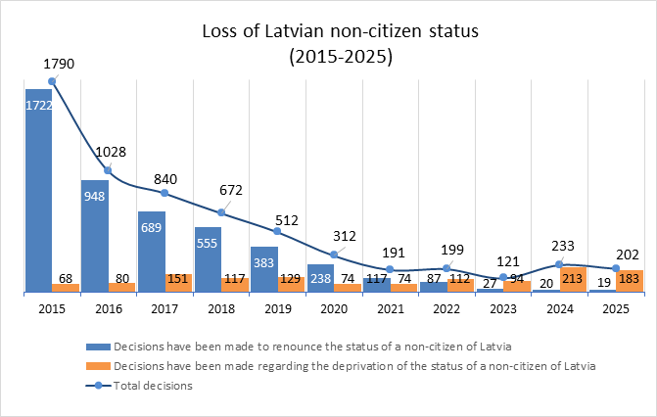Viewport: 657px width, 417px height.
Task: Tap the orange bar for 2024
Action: [574, 279]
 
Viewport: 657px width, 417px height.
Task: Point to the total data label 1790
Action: [59, 64]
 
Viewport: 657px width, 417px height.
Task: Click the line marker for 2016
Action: [108, 170]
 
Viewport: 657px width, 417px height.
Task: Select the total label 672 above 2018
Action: [230, 189]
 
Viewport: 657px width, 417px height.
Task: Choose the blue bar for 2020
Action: [321, 277]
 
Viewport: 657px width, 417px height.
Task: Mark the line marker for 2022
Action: [446, 268]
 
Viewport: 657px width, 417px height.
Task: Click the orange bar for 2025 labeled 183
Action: [631, 280]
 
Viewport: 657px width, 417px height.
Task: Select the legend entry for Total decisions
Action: [152, 385]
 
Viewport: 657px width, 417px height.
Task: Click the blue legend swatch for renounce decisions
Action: [98, 347]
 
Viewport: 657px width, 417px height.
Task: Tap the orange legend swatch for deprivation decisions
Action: [98, 365]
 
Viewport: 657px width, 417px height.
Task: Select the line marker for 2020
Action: [334, 255]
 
